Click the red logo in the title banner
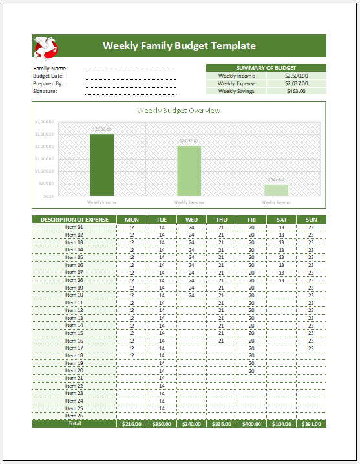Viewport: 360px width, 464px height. click(x=46, y=46)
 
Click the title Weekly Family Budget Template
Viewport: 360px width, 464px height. click(x=179, y=46)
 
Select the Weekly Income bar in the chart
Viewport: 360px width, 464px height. click(x=101, y=165)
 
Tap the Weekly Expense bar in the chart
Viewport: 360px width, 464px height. click(x=189, y=171)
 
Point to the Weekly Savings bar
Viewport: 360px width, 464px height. click(x=276, y=190)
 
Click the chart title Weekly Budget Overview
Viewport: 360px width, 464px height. click(x=178, y=111)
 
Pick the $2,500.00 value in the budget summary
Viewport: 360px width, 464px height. click(x=296, y=76)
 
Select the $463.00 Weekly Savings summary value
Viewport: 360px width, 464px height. click(x=296, y=91)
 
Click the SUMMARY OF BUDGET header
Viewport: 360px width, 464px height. click(x=266, y=68)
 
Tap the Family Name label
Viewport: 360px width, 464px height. click(x=50, y=68)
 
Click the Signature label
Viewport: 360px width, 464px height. click(x=45, y=91)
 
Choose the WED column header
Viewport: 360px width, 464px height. click(x=191, y=220)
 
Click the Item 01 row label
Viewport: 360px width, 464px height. click(x=74, y=227)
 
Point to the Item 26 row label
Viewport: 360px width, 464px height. click(x=74, y=416)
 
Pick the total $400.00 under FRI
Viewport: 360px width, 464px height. click(x=251, y=423)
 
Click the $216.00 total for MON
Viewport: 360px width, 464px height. click(x=131, y=423)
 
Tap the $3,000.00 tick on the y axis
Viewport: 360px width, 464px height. click(x=45, y=122)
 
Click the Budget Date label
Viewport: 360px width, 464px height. click(x=48, y=76)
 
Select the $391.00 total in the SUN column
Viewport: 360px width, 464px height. click(x=311, y=423)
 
